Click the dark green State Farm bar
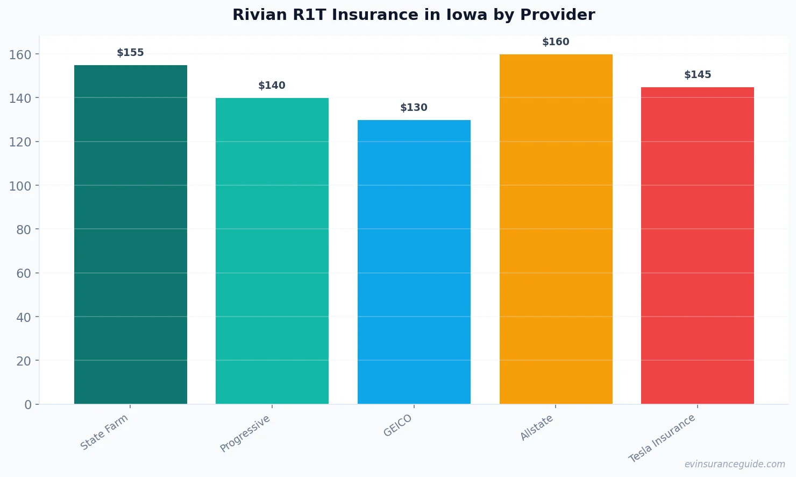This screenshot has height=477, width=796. click(131, 234)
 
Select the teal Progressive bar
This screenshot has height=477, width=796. click(272, 251)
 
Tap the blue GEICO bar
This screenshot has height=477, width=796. click(414, 262)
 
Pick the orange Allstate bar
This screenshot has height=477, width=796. click(556, 229)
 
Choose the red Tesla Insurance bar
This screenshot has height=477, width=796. click(698, 245)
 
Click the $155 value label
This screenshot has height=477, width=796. click(131, 53)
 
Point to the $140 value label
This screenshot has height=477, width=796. click(272, 86)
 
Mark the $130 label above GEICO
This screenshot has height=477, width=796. click(414, 108)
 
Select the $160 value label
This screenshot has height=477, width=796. click(556, 42)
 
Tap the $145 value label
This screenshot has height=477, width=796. click(698, 75)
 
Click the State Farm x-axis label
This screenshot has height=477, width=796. click(104, 432)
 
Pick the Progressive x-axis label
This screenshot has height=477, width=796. click(245, 433)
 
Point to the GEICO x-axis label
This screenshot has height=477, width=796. click(398, 425)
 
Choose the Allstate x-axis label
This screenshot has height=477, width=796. click(537, 427)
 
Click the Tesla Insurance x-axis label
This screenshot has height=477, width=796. click(662, 438)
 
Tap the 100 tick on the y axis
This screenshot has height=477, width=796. click(20, 186)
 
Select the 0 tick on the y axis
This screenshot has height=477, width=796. click(28, 405)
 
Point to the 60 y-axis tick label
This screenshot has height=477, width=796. click(24, 273)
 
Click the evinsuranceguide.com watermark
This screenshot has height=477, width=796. click(735, 464)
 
